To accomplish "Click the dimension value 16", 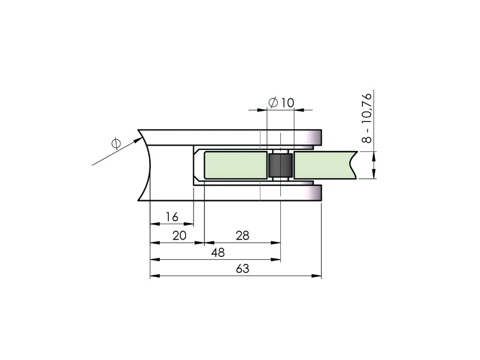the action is pyautogui.click(x=172, y=217).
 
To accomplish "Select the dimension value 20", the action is pyautogui.click(x=180, y=235).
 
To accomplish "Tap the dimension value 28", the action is pyautogui.click(x=242, y=235).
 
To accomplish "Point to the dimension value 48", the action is pyautogui.click(x=218, y=253).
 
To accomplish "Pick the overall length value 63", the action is pyautogui.click(x=242, y=269).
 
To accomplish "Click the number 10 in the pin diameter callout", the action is pyautogui.click(x=287, y=103).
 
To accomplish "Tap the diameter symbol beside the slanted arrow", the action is pyautogui.click(x=116, y=143).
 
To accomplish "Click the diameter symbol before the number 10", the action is pyautogui.click(x=273, y=103).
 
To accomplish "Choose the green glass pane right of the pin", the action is pyautogui.click(x=323, y=165).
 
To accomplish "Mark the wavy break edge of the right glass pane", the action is pyautogui.click(x=353, y=165).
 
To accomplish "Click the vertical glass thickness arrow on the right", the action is pyautogui.click(x=374, y=165).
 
